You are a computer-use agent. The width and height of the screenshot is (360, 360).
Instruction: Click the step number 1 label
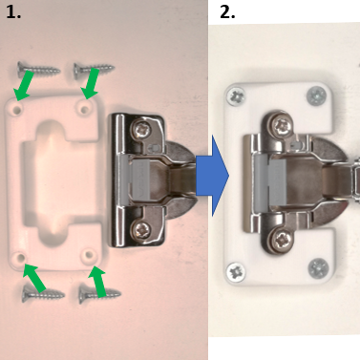(13, 12)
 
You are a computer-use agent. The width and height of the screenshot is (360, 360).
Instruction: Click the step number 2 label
(227, 12)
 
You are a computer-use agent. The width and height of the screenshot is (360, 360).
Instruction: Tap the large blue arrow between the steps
(212, 176)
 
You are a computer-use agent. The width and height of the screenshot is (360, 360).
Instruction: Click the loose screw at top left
(38, 69)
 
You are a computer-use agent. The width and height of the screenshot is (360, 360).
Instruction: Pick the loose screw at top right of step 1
(95, 70)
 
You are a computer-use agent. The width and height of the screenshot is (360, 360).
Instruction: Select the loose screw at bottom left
(43, 295)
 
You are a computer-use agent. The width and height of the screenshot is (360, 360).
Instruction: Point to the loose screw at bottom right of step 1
(100, 294)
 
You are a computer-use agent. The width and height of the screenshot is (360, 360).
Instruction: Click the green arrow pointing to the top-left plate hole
(23, 86)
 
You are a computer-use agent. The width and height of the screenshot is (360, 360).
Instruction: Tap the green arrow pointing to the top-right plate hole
(91, 83)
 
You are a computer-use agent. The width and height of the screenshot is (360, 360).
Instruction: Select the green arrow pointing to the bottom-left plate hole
(35, 277)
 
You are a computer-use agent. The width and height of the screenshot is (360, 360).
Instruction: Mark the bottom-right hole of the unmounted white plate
(89, 255)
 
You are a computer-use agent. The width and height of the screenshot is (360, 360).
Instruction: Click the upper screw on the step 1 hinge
(142, 129)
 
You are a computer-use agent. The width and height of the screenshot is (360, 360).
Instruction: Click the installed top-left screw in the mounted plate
(236, 95)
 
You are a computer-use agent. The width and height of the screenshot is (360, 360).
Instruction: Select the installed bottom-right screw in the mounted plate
(318, 267)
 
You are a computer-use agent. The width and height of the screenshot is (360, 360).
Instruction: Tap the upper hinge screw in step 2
(281, 127)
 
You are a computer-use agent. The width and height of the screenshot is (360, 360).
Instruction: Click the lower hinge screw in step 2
(281, 240)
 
